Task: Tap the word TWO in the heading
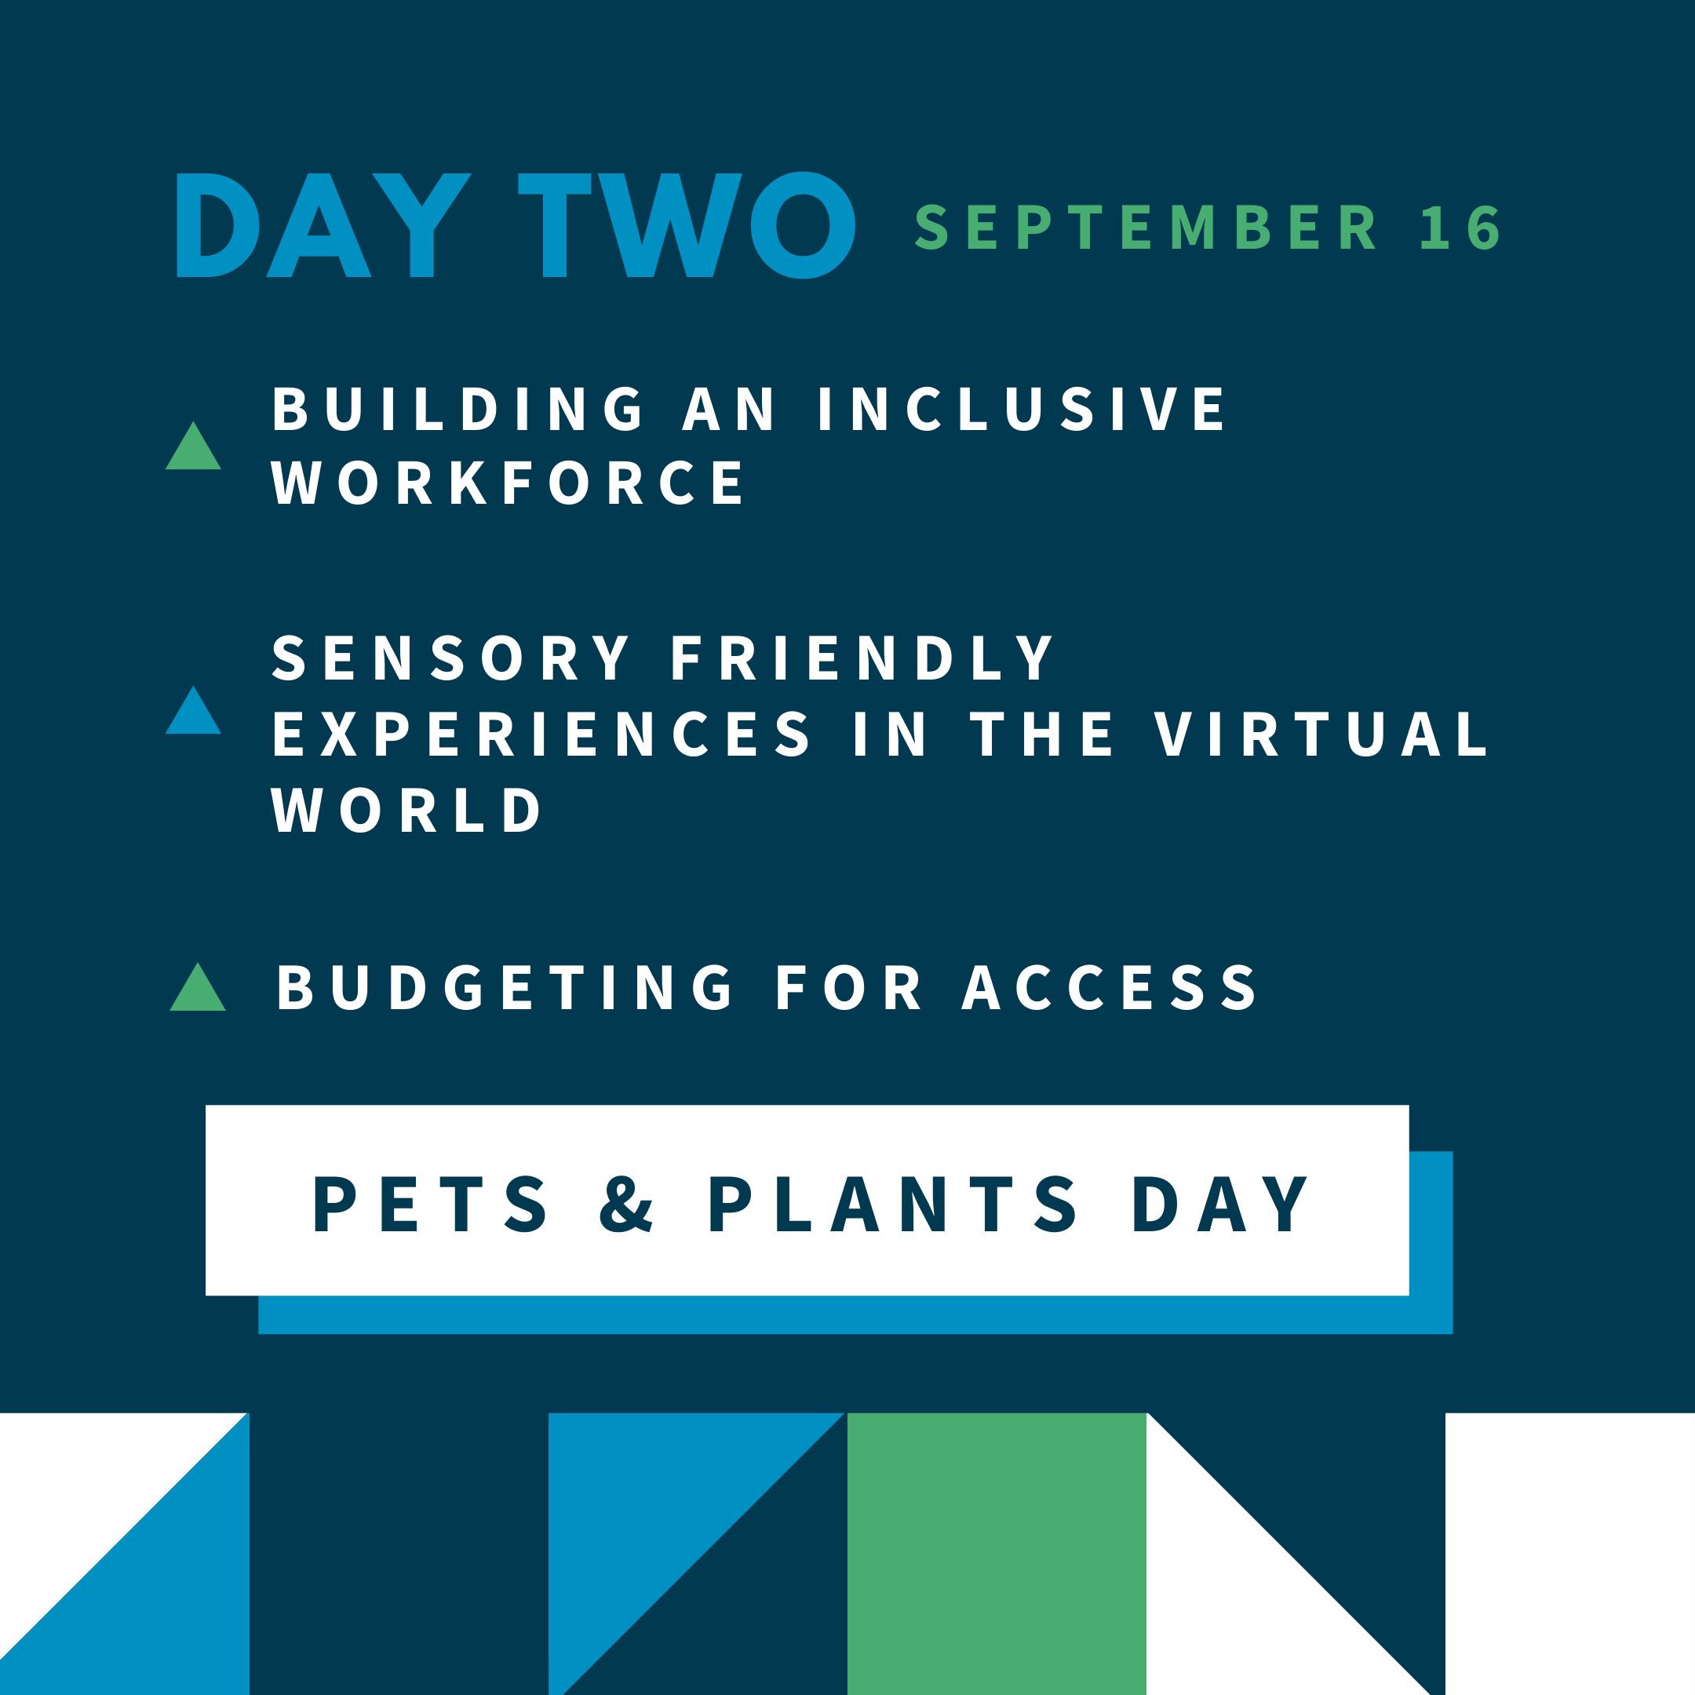click(x=687, y=225)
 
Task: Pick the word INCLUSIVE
click(x=1021, y=409)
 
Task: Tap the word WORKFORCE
click(x=507, y=482)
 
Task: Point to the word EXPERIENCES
click(x=542, y=734)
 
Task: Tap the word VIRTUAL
click(x=1321, y=734)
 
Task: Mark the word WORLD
click(x=407, y=809)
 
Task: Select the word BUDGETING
click(x=505, y=988)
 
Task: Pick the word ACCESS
click(x=1110, y=988)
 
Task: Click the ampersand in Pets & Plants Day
click(x=626, y=1204)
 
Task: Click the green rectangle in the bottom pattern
click(x=997, y=1554)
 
